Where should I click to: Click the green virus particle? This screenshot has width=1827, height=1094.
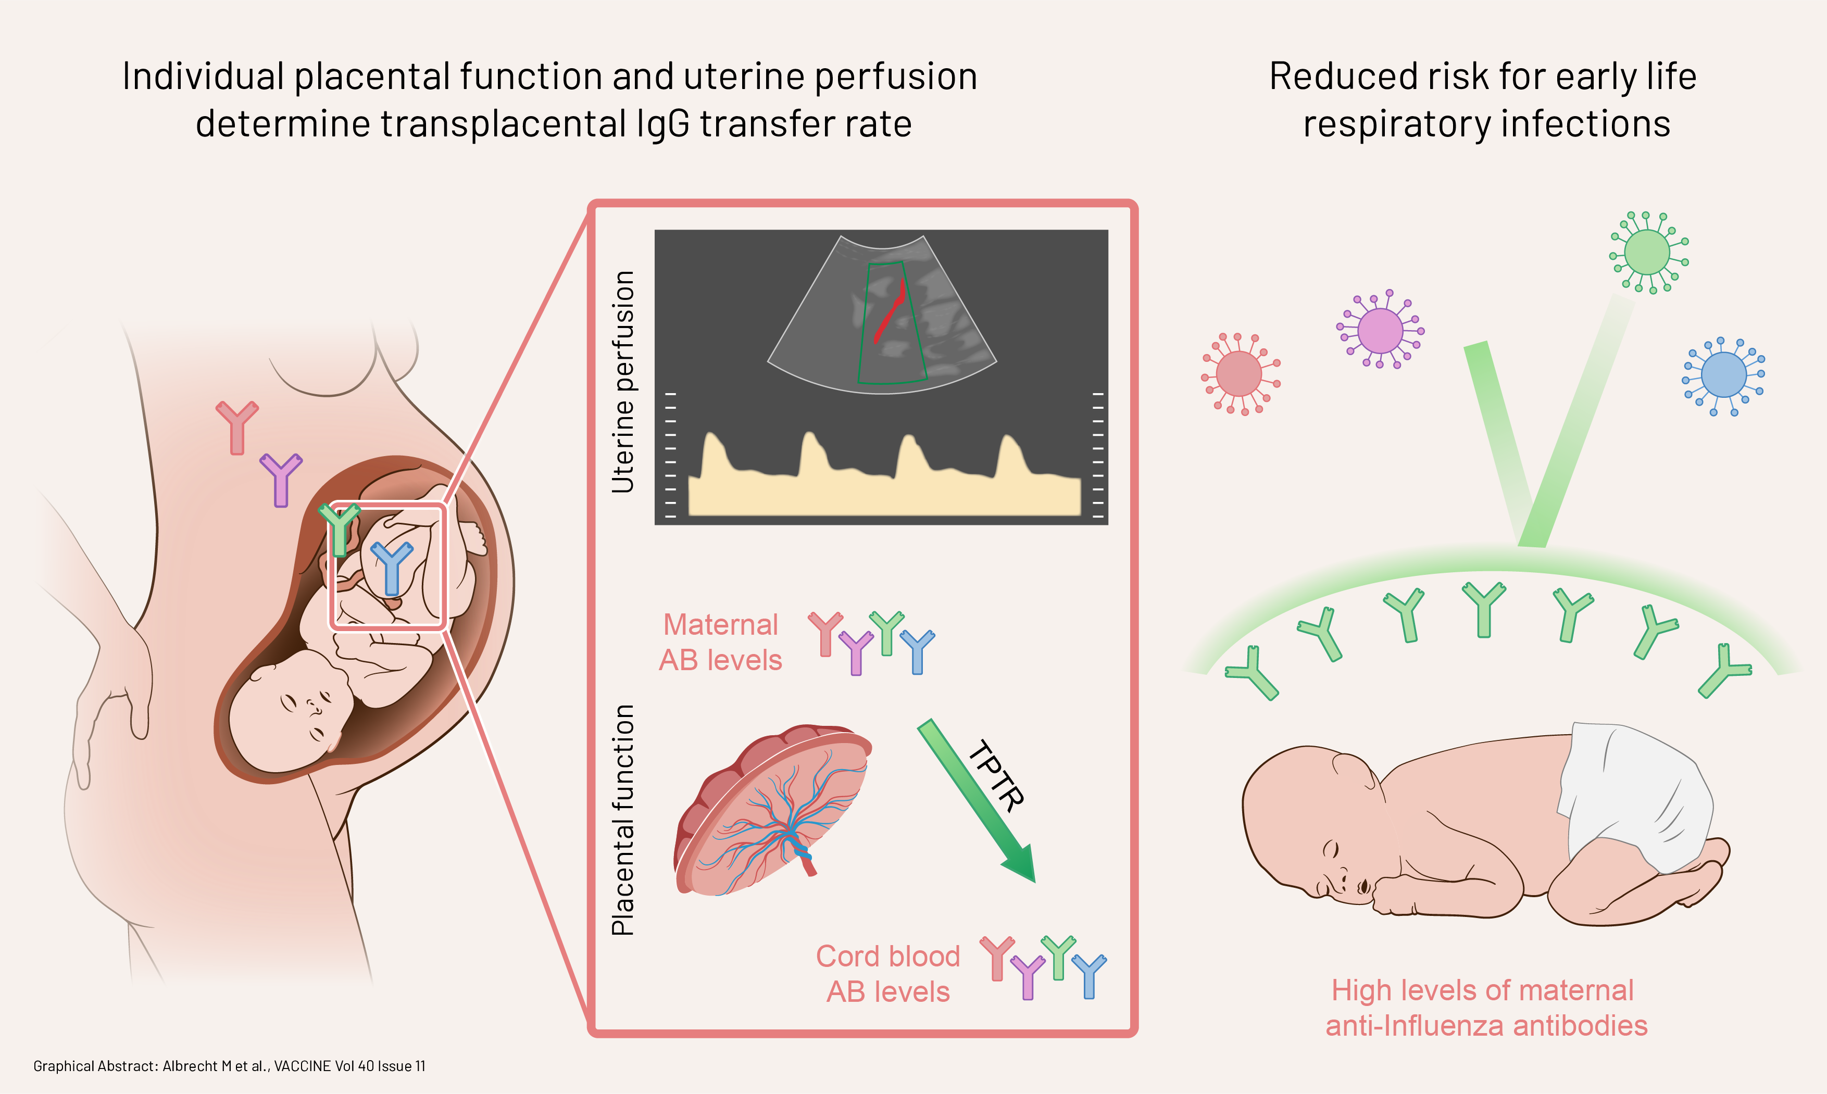(x=1647, y=252)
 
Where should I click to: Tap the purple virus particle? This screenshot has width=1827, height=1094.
(x=1380, y=330)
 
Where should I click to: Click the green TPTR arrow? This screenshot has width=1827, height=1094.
(x=977, y=801)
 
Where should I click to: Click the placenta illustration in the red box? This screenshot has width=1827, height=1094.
(x=773, y=810)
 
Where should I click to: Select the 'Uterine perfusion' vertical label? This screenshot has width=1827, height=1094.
(x=623, y=381)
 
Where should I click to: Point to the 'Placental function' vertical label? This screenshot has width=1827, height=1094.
(x=623, y=820)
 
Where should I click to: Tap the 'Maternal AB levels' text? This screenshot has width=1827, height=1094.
(x=720, y=642)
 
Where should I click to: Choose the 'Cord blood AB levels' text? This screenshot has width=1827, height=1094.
(x=887, y=974)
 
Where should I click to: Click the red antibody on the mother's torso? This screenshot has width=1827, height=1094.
(x=236, y=427)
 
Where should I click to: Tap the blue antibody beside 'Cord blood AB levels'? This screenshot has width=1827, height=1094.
(x=1089, y=976)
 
